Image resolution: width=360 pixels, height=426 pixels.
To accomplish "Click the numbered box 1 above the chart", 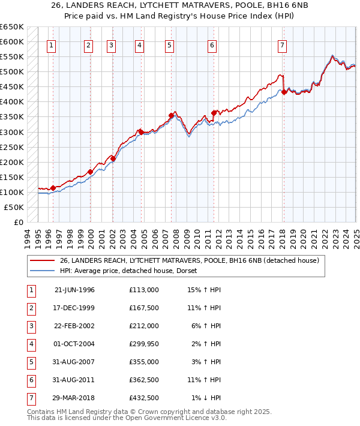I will click(51, 45).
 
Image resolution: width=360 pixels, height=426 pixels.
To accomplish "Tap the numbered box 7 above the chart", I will click(282, 45).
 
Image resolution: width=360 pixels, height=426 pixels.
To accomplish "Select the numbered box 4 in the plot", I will click(139, 45).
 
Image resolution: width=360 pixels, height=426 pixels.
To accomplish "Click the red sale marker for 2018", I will click(284, 92).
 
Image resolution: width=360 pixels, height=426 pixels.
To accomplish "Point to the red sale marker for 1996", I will click(53, 188).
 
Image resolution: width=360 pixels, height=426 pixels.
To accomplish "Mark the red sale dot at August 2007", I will click(171, 115).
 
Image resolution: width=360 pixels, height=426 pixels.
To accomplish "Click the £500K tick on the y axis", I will click(12, 72).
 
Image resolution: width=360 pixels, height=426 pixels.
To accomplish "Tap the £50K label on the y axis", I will click(14, 207).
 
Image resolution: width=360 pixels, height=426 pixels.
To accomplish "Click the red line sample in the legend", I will click(42, 260).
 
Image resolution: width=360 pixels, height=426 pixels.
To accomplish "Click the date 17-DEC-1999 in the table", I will click(74, 308).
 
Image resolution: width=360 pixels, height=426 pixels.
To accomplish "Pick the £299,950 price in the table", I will click(143, 344).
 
